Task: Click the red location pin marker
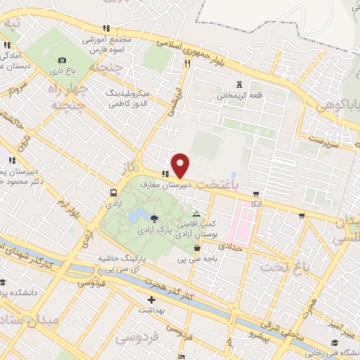tap(181, 165)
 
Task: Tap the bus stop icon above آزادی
tap(113, 192)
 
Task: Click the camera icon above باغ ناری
tap(63, 60)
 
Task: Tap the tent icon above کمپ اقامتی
tap(196, 213)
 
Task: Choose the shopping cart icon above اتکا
tap(256, 193)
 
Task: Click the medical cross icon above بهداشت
tap(150, 300)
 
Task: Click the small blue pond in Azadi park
tap(139, 212)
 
